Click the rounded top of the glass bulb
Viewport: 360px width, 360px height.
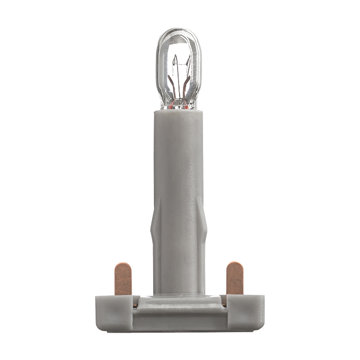tap(179, 32)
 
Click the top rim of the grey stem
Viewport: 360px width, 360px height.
tap(179, 112)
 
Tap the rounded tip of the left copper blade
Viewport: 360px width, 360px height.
tap(123, 265)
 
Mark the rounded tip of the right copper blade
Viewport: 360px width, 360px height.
tap(235, 264)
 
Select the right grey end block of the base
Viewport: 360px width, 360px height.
tap(245, 312)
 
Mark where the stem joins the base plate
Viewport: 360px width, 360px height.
tap(179, 295)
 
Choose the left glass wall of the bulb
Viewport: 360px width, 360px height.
tap(159, 67)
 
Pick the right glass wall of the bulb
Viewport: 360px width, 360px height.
tap(199, 67)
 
